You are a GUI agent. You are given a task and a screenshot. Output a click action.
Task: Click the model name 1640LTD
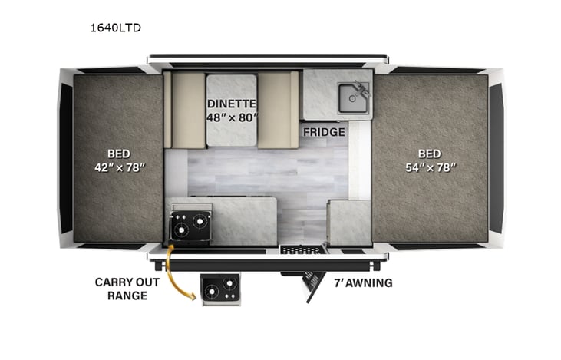[115, 28]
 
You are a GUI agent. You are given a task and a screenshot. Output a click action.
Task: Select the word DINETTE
[231, 104]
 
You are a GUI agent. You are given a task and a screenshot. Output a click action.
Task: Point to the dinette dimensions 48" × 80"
[231, 118]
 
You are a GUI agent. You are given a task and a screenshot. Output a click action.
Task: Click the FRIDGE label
[324, 132]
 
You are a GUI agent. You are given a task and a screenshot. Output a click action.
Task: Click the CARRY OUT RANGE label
[127, 289]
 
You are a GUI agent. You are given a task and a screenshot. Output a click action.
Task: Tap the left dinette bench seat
[186, 107]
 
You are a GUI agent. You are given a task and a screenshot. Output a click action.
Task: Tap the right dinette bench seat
[276, 107]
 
